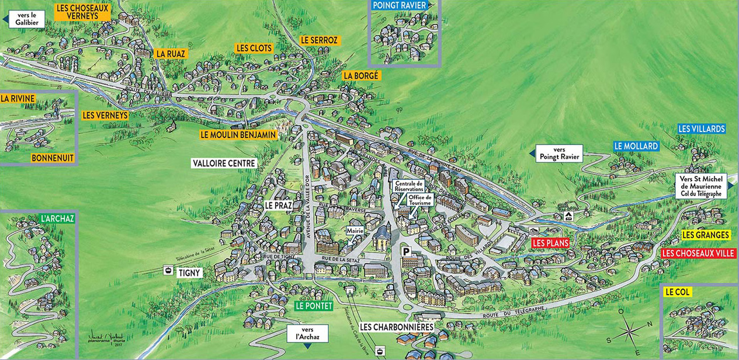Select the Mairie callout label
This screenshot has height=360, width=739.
click(355, 230)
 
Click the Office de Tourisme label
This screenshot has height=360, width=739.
click(421, 200)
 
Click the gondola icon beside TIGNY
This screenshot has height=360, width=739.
click(169, 271)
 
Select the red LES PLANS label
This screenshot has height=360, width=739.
click(550, 243)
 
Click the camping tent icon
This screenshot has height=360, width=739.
click(569, 216)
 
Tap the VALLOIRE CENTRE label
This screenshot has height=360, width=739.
click(224, 164)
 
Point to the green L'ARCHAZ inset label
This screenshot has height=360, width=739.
click(57, 219)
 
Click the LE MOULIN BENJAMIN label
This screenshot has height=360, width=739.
click(238, 134)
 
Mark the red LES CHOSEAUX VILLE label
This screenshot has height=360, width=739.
click(698, 254)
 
